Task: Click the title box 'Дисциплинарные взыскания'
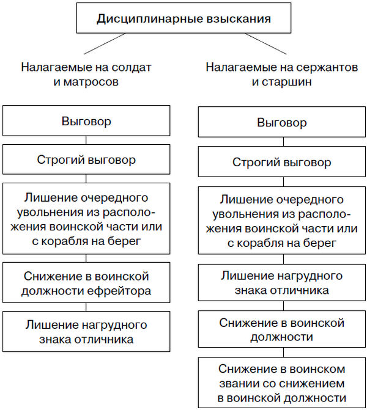183,18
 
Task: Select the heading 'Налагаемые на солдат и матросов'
86,73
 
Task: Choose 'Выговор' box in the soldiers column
86,121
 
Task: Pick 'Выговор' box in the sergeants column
282,122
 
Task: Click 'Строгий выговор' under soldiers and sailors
86,160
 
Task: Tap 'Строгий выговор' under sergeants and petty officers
282,163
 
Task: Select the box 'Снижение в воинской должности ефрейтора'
86,284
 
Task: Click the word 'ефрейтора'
125,290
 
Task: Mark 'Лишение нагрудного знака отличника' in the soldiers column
86,331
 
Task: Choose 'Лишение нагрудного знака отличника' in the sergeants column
282,283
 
